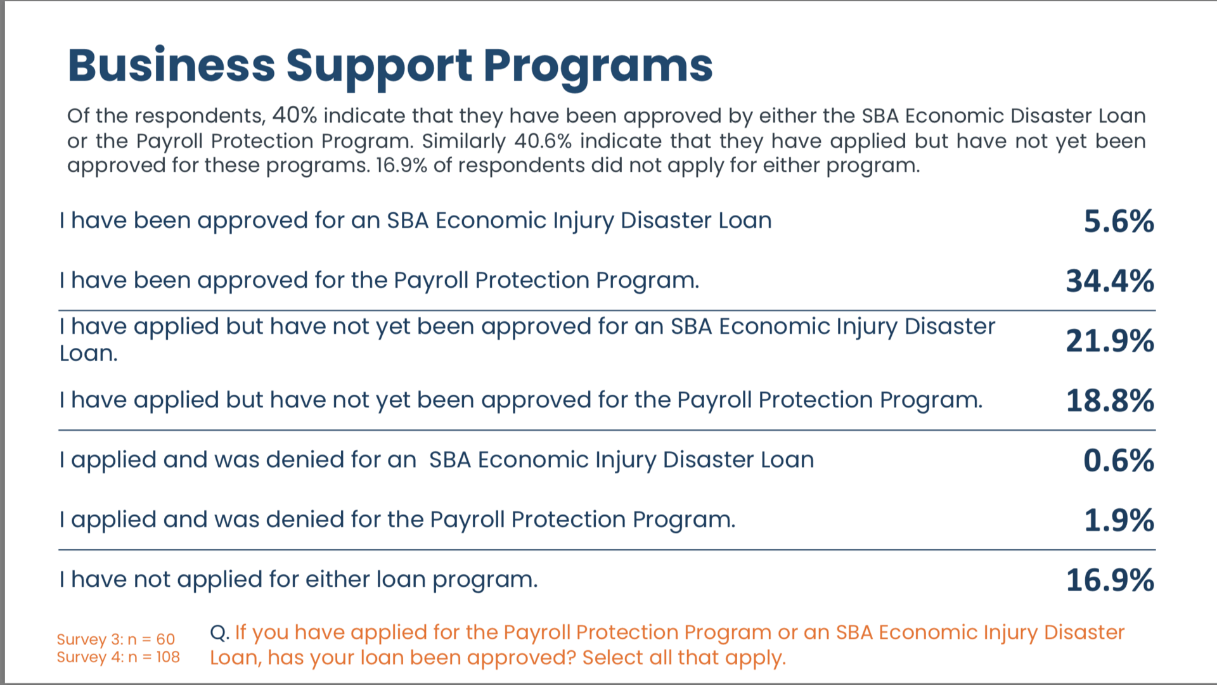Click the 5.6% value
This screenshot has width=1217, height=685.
pos(1119,221)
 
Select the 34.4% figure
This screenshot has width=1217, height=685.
pos(1110,281)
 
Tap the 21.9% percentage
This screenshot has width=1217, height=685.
pos(1110,341)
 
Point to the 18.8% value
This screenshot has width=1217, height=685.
pos(1110,400)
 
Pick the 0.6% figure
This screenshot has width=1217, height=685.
pos(1119,460)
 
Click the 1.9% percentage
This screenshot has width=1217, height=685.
pos(1119,520)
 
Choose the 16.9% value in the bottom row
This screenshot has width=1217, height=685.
pos(1110,580)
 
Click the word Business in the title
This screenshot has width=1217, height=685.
pos(171,65)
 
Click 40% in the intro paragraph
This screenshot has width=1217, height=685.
pos(294,115)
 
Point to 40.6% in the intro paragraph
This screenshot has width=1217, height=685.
pos(543,141)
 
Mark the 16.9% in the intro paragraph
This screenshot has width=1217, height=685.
pos(402,165)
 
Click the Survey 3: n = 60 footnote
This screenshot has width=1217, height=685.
pos(116,639)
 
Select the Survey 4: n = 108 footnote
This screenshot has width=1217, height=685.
pos(119,657)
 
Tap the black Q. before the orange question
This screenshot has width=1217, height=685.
pos(219,633)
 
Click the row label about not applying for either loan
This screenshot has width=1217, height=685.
pos(299,580)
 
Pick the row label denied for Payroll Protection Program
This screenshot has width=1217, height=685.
pos(397,520)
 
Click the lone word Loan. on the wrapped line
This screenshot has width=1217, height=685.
pos(89,354)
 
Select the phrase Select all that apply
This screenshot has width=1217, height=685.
pos(684,658)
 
